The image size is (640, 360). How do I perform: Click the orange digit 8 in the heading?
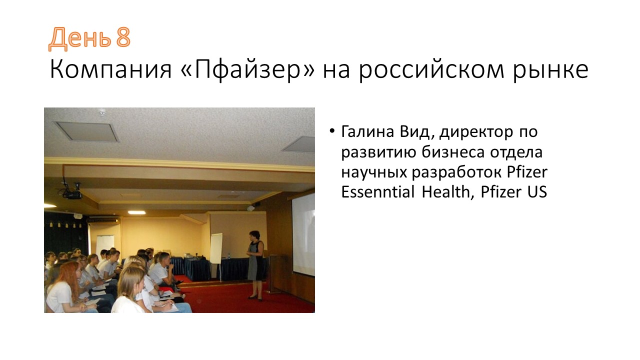point(123,37)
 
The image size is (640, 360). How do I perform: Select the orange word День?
point(79,38)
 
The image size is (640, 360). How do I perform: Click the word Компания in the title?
point(111,69)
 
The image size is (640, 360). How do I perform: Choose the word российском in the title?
point(431,69)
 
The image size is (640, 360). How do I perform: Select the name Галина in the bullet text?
point(367,131)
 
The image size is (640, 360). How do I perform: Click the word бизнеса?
point(453,152)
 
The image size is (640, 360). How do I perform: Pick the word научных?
point(374,172)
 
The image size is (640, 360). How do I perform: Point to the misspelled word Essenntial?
point(377,191)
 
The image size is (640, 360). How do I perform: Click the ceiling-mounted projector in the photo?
point(72,192)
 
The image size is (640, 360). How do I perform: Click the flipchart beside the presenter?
point(216,248)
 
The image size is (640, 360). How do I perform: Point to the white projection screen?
point(303,234)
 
